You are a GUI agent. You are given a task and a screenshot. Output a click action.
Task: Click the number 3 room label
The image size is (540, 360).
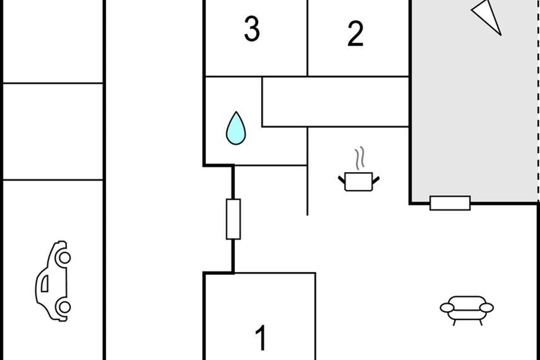click(x=252, y=29)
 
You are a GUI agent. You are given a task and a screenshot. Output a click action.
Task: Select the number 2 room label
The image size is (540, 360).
click(x=355, y=33)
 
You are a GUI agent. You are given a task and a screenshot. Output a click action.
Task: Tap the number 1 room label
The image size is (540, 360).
click(x=261, y=338)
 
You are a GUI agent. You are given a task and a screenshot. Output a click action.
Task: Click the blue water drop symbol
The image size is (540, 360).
click(x=236, y=128)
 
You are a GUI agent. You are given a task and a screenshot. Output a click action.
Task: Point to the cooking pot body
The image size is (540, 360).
click(x=359, y=181)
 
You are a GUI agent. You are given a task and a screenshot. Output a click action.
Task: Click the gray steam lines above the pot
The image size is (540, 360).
click(x=359, y=158)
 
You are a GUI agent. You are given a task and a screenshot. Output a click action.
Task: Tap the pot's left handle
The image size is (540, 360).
click(x=342, y=180)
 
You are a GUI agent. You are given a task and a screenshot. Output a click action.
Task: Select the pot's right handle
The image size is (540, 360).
click(x=376, y=180)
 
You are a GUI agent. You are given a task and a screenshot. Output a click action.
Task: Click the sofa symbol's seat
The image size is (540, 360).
click(x=467, y=315)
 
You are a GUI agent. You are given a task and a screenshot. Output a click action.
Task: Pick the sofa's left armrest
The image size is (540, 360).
click(x=447, y=308)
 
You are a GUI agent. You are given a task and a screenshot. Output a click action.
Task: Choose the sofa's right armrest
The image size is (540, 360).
click(x=486, y=308)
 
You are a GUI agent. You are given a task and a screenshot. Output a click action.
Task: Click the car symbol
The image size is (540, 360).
click(x=53, y=281)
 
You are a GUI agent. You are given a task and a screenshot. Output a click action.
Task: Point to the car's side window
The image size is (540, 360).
click(x=45, y=283)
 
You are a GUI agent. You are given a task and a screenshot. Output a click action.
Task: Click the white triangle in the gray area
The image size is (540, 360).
click(x=486, y=18)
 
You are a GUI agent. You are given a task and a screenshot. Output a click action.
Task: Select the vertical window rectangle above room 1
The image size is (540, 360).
click(x=233, y=219)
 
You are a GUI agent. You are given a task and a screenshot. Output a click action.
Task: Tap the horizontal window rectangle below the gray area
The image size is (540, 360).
click(x=450, y=203)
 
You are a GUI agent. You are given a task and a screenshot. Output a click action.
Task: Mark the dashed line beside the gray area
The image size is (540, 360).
click(x=538, y=101)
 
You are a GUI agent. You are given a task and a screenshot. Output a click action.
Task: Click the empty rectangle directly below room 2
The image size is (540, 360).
click(x=335, y=102)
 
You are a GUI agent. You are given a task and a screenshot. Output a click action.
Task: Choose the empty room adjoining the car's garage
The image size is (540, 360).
click(x=53, y=131)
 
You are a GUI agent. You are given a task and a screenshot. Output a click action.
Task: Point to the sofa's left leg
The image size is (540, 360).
click(x=454, y=323)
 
